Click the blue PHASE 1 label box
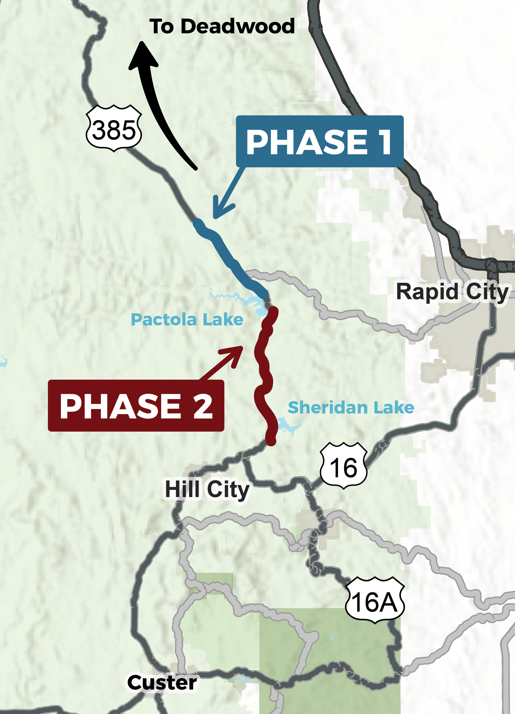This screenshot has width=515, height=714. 319,141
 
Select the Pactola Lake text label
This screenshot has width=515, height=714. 187,320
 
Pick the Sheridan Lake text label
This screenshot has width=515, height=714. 351,408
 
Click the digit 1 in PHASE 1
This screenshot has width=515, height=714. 384,142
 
